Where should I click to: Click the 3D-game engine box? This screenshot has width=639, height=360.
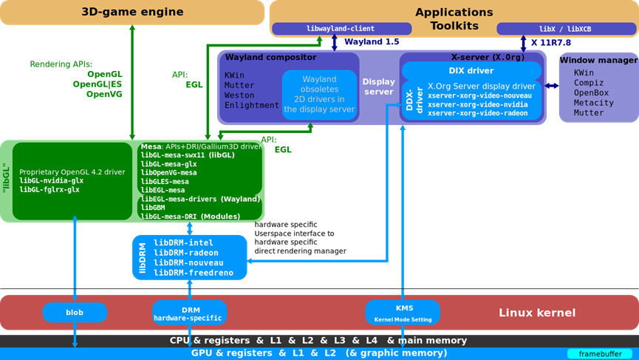click(x=132, y=12)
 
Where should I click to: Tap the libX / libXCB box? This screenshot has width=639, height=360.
click(x=565, y=29)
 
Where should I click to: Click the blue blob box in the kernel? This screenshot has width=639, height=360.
click(x=75, y=312)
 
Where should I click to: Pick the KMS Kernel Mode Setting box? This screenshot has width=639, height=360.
click(x=403, y=311)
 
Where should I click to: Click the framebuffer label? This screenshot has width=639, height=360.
click(x=599, y=354)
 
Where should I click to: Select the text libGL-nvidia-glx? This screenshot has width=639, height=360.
click(x=51, y=180)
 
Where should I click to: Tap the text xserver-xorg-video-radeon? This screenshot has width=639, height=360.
click(x=477, y=113)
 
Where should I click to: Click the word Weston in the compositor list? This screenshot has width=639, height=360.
click(x=239, y=95)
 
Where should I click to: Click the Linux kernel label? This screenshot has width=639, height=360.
click(x=536, y=312)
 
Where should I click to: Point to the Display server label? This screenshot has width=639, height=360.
click(x=378, y=87)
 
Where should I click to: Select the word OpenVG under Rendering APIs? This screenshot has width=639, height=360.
click(x=103, y=94)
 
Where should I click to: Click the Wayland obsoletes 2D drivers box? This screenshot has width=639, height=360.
click(x=319, y=95)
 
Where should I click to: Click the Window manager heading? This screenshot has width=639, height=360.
click(x=597, y=59)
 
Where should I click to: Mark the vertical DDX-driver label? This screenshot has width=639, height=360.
click(x=411, y=99)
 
